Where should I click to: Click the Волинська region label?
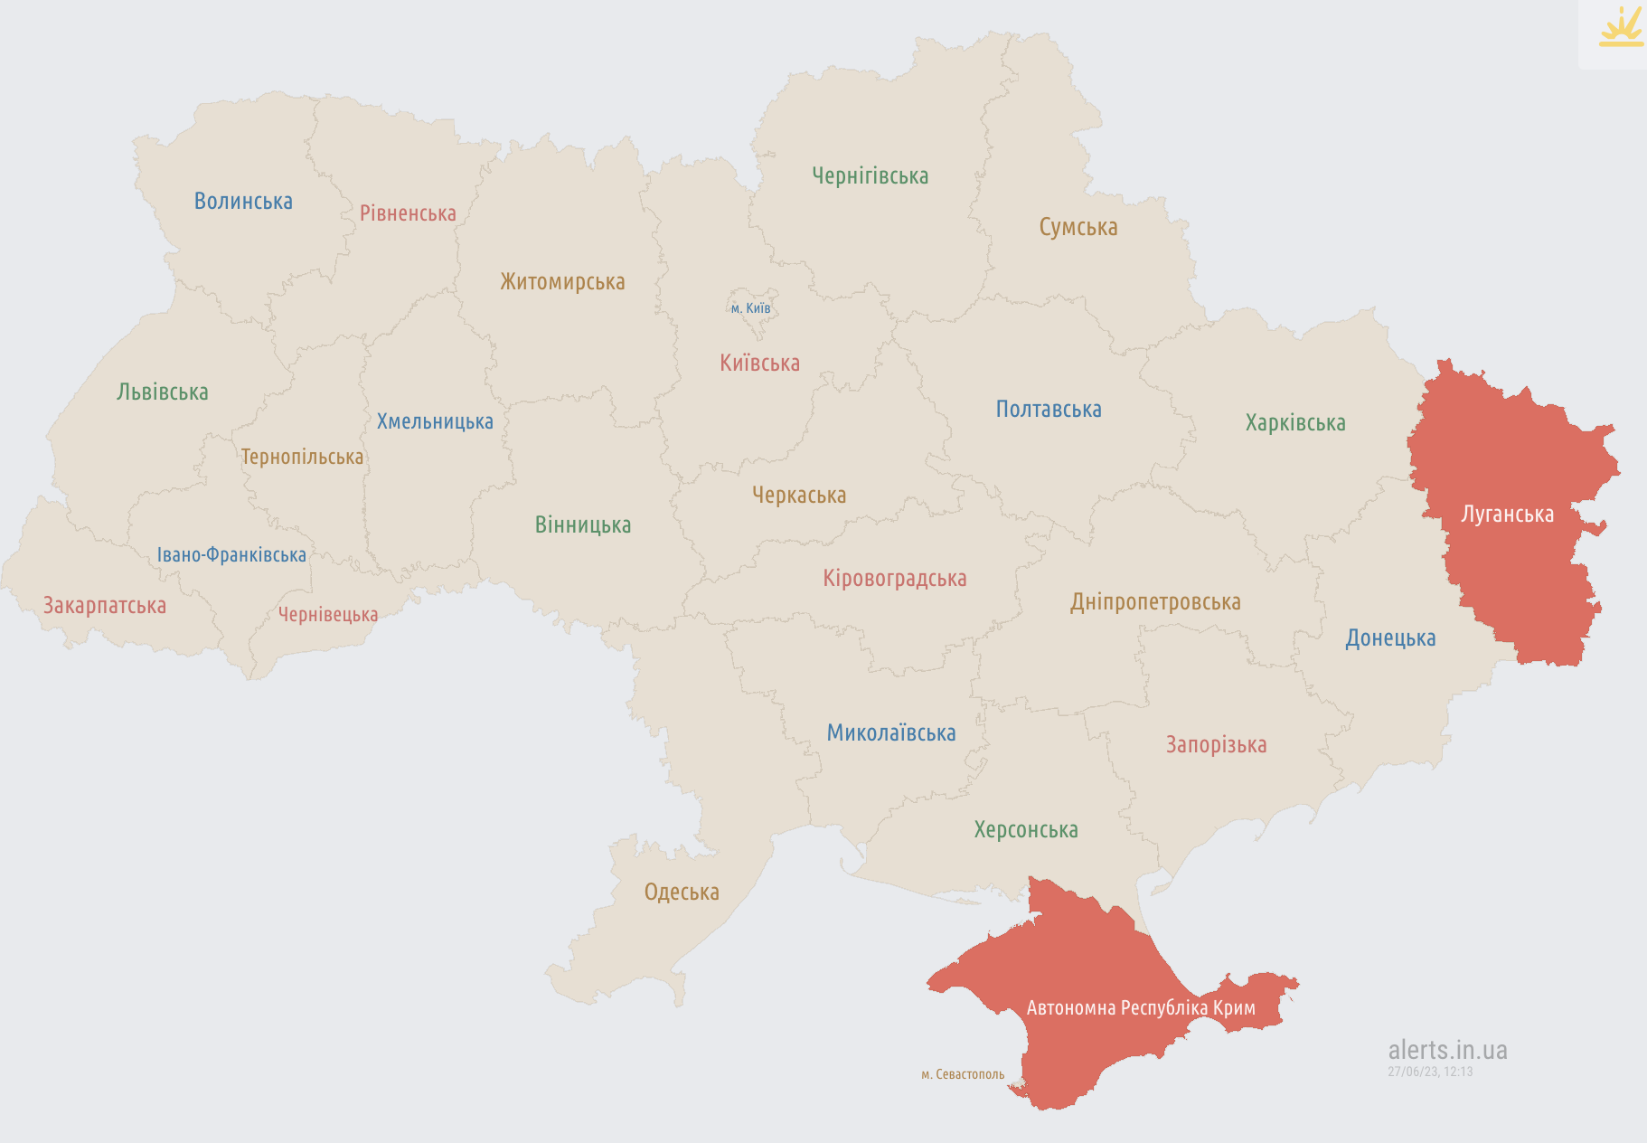243,201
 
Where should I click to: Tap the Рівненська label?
408,213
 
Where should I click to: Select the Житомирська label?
562,281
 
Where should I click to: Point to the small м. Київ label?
750,308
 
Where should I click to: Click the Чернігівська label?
870,175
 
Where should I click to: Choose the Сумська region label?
1078,227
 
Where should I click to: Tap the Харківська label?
1294,422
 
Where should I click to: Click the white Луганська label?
1507,514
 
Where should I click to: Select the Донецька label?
1389,638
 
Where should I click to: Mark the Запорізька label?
1215,744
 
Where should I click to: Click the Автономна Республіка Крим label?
1140,1007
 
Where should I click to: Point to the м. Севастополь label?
962,1074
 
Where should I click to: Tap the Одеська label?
682,892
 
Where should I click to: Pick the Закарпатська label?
105,605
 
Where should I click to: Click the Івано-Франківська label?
231,554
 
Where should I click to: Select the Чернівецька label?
327,614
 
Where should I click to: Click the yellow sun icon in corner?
1621,27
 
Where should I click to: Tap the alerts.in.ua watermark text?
1447,1050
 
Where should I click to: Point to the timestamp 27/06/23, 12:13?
1430,1072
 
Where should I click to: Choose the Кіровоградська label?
894,578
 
